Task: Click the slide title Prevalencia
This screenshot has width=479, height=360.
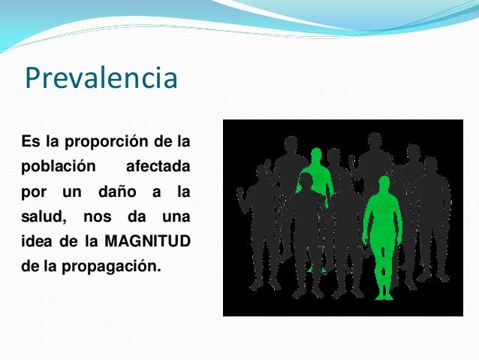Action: coord(101,78)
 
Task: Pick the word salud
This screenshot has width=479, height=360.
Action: coord(41,218)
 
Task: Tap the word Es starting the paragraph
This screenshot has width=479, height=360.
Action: coord(29,141)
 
